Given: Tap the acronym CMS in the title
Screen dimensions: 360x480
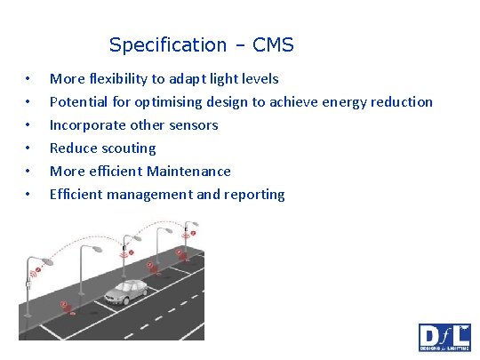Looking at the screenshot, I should (x=272, y=44).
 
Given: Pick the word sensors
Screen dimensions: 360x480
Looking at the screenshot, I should (x=193, y=124).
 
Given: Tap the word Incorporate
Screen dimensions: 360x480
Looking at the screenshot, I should (x=89, y=124).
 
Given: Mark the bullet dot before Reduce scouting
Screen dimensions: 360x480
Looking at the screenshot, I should (x=29, y=148).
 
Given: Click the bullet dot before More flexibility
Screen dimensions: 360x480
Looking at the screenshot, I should (x=29, y=78).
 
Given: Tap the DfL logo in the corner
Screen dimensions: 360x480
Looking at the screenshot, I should (x=444, y=338).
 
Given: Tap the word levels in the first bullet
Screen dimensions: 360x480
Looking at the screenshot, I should (x=259, y=78).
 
